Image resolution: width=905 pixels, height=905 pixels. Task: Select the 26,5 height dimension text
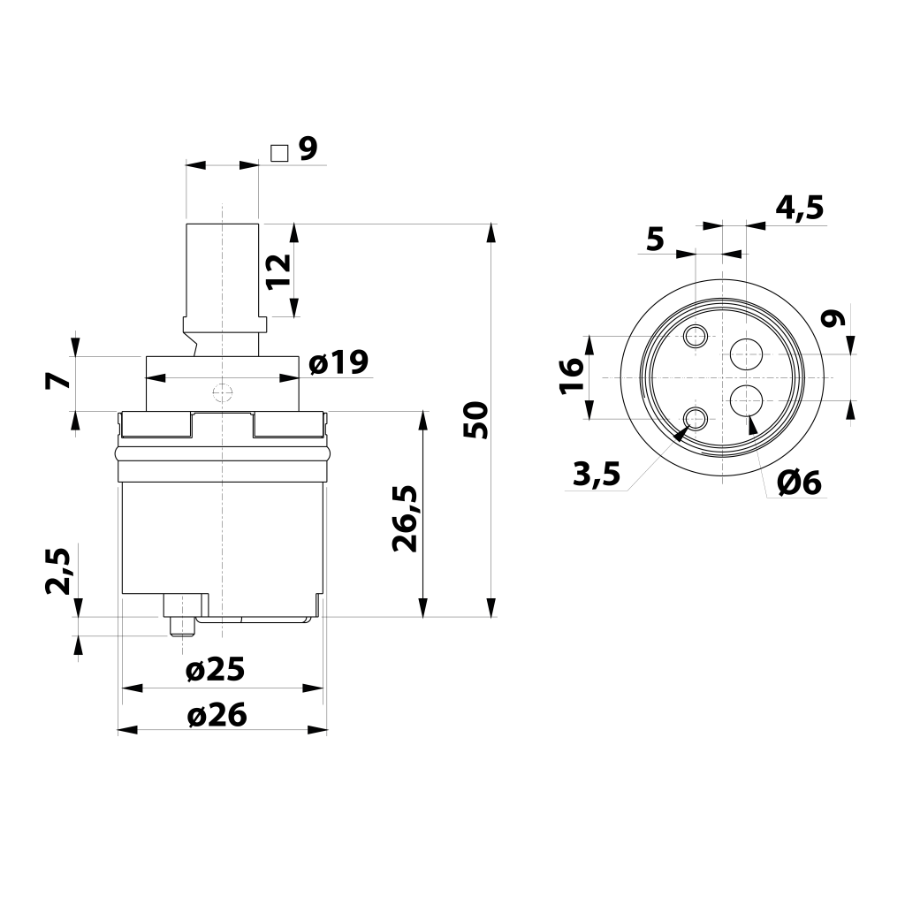[x=405, y=519]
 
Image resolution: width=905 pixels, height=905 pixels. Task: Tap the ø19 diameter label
[x=338, y=363]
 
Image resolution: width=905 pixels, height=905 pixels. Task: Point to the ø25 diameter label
[x=216, y=670]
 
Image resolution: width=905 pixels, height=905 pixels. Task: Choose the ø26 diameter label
[x=217, y=715]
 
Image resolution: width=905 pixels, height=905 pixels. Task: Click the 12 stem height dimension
[x=278, y=271]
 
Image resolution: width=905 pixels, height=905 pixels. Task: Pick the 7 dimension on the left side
[x=57, y=382]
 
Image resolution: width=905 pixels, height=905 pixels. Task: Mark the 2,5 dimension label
[x=57, y=571]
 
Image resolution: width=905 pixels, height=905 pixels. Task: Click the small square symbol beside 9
[x=279, y=154]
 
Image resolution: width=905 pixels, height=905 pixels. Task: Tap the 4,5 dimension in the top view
[x=799, y=209]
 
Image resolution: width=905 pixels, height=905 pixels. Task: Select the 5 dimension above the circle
[x=656, y=239]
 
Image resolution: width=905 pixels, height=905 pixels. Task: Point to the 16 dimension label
[x=572, y=376]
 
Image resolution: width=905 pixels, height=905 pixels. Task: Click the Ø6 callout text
[x=799, y=483]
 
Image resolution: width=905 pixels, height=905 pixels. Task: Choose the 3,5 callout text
[x=597, y=475]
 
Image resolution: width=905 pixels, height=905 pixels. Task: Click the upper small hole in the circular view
[x=696, y=335]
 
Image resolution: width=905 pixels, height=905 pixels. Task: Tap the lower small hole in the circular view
[x=696, y=418]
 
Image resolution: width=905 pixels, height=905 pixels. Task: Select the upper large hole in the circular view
[x=746, y=354]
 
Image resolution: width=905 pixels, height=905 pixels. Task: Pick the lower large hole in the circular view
[x=746, y=400]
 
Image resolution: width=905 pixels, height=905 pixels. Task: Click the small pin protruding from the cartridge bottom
[x=182, y=627]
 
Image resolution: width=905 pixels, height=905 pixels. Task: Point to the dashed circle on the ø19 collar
[x=222, y=392]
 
